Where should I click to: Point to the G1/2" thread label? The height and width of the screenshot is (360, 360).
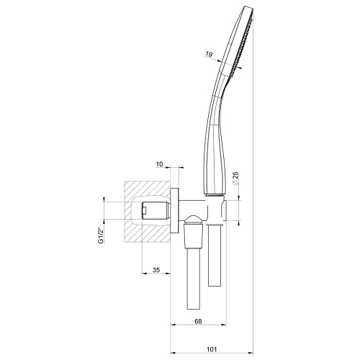pos(102,235)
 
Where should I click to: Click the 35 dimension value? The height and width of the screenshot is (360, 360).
pos(155,272)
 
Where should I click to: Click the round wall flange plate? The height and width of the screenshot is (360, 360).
pos(174,210)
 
